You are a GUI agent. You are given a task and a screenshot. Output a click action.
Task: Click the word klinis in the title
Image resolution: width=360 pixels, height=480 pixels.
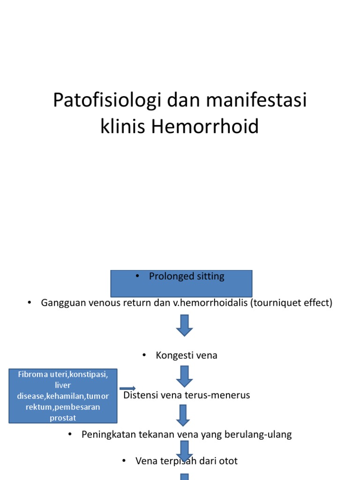click(123, 127)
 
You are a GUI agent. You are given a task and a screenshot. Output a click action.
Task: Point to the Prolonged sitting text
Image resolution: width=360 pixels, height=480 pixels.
click(187, 277)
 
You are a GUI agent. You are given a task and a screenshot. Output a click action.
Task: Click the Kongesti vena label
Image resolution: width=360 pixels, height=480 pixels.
click(187, 355)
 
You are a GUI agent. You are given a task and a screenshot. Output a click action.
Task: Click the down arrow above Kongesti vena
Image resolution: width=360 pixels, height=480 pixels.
click(184, 325)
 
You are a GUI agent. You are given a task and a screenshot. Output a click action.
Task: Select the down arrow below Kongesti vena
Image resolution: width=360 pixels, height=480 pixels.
click(184, 376)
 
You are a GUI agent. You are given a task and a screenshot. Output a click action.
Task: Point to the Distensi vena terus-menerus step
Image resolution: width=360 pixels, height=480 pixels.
click(187, 395)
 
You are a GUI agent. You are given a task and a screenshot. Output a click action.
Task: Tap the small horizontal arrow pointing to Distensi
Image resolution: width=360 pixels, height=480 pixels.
click(127, 388)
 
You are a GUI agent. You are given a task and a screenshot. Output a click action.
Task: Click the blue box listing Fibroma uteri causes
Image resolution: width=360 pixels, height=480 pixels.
click(63, 396)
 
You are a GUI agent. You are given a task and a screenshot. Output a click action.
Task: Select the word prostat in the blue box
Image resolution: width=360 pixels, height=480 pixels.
click(63, 418)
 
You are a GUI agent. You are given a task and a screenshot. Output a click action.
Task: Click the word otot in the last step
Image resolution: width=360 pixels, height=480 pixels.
click(228, 461)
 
